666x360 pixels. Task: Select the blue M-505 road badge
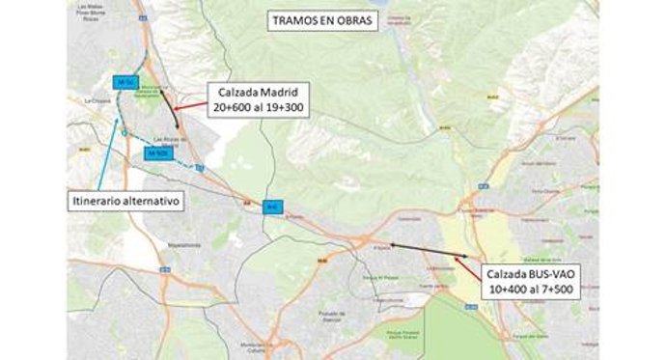pos(156,152)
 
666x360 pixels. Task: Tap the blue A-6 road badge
pos(273,206)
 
